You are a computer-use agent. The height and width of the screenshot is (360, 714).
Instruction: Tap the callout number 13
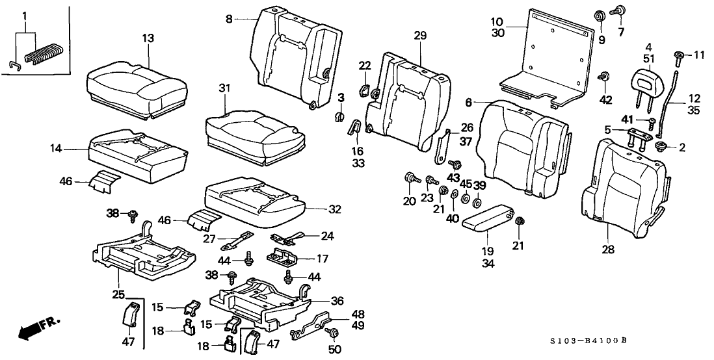pyautogui.click(x=148, y=38)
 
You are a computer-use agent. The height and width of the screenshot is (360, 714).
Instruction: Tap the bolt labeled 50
pyautogui.click(x=334, y=333)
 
